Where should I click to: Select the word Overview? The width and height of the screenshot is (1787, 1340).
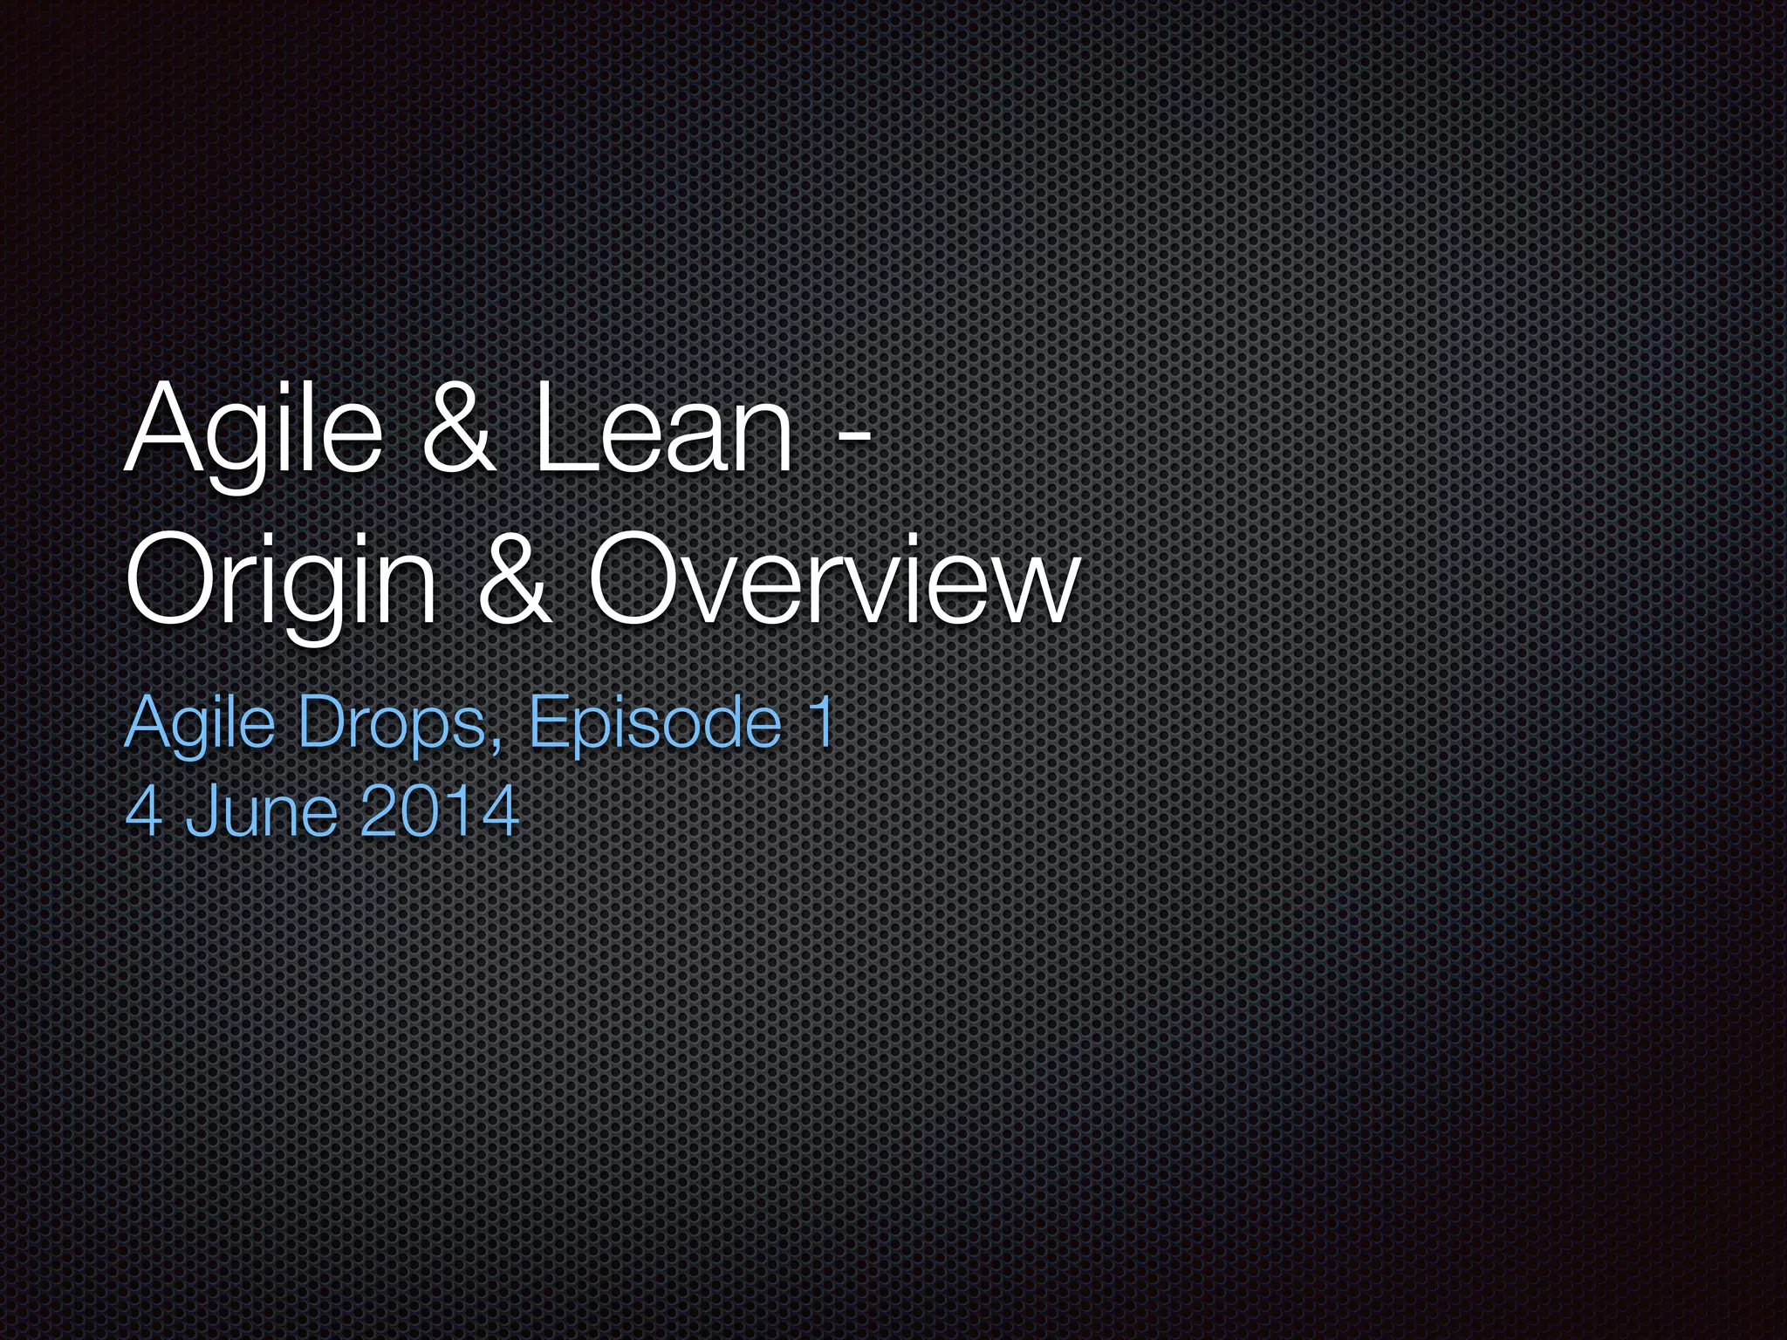click(833, 579)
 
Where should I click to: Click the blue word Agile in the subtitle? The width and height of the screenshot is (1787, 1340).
click(200, 723)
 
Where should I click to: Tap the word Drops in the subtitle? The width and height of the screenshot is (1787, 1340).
click(392, 723)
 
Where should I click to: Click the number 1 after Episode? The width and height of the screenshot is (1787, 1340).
click(820, 721)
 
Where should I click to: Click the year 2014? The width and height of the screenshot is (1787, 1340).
click(439, 811)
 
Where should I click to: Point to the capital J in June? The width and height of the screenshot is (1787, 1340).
click(198, 811)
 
